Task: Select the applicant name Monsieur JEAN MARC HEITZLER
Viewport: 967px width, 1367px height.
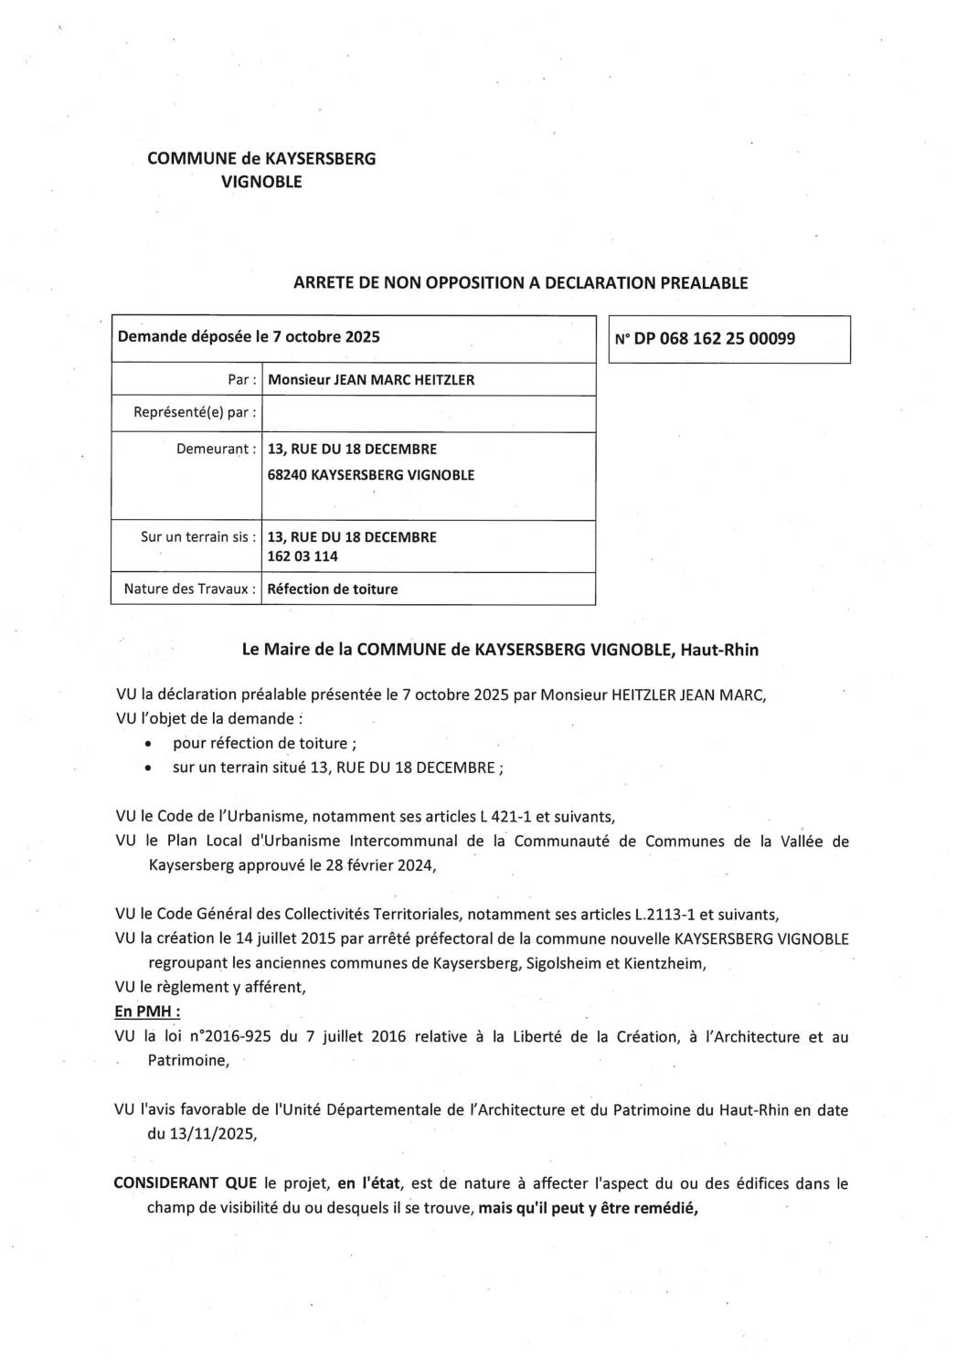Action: (371, 380)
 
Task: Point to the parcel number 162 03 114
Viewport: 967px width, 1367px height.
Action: (303, 556)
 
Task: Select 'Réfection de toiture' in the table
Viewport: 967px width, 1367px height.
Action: (332, 589)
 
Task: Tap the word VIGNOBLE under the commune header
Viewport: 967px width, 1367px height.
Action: (261, 182)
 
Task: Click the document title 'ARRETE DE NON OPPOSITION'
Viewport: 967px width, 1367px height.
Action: (520, 283)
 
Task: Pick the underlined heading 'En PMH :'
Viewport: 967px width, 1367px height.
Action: (146, 1012)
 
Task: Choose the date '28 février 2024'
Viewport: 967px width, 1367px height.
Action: (372, 865)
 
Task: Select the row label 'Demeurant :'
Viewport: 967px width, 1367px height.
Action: (216, 450)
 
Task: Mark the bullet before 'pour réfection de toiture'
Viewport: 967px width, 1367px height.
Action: (147, 745)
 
